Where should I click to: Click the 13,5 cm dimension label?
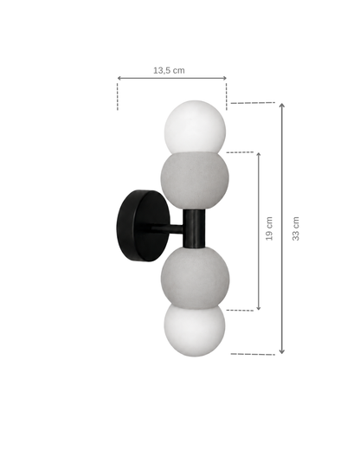169,70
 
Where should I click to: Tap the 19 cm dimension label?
269,228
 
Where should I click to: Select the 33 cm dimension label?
296,228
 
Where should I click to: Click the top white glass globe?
195,126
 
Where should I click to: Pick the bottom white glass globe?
195,330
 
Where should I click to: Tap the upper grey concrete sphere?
195,179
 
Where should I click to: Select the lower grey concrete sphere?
195,278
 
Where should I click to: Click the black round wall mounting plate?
144,226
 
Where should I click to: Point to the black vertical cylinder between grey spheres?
194,228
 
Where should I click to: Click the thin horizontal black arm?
167,229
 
